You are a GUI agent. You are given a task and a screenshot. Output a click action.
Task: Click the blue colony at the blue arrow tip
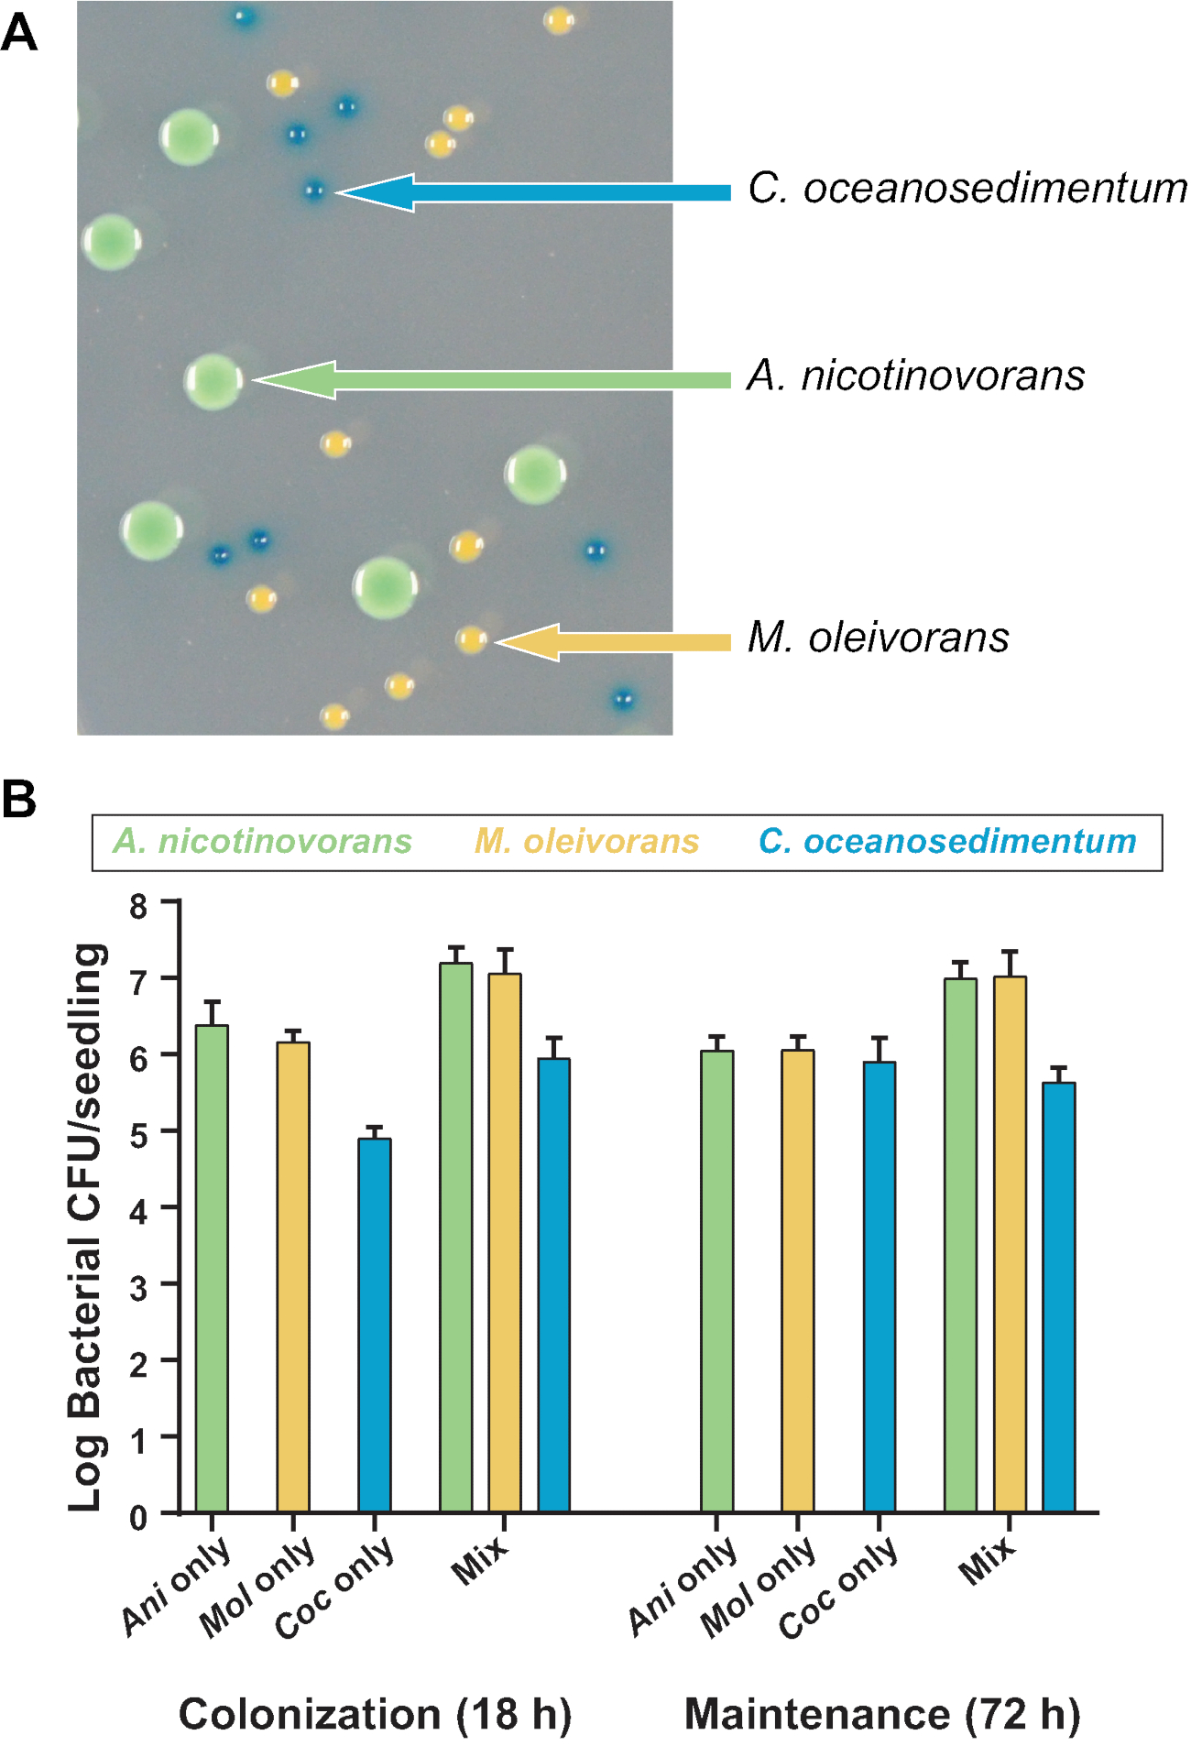pyautogui.click(x=313, y=191)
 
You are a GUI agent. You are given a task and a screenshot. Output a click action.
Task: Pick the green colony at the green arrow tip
pyautogui.click(x=213, y=381)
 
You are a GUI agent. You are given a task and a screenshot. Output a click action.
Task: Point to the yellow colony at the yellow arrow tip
pyautogui.click(x=471, y=638)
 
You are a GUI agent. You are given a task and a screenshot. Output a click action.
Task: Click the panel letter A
pyautogui.click(x=19, y=35)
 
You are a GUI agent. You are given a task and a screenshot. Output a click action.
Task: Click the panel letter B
pyautogui.click(x=19, y=799)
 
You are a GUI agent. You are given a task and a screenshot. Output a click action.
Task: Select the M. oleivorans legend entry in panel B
pyautogui.click(x=586, y=841)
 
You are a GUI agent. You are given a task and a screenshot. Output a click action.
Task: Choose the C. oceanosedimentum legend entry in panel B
pyautogui.click(x=946, y=841)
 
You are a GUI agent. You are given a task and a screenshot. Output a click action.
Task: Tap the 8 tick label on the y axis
pyautogui.click(x=138, y=906)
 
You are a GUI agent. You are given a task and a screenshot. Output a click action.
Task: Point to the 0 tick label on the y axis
pyautogui.click(x=138, y=1519)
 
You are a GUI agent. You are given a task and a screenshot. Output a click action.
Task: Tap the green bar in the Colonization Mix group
pyautogui.click(x=455, y=1237)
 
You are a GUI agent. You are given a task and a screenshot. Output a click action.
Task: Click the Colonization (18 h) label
pyautogui.click(x=375, y=1714)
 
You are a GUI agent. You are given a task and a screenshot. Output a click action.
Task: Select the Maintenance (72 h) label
pyautogui.click(x=882, y=1714)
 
